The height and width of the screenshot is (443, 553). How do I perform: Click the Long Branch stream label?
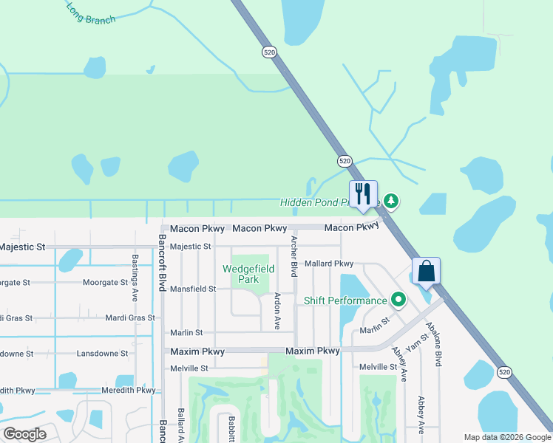pyautogui.click(x=90, y=13)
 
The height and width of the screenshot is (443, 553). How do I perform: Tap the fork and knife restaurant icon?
pyautogui.click(x=363, y=193)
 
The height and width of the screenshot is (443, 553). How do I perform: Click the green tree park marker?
pyautogui.click(x=391, y=201)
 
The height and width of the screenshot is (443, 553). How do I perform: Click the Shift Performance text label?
pyautogui.click(x=345, y=301)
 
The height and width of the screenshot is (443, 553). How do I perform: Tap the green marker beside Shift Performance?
pyautogui.click(x=399, y=300)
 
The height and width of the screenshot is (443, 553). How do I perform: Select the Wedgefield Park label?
pyautogui.click(x=241, y=274)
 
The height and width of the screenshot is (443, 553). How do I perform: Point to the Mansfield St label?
pyautogui.click(x=193, y=289)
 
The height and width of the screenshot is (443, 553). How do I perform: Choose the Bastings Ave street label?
pyautogui.click(x=135, y=278)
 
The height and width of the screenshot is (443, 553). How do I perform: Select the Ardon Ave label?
pyautogui.click(x=276, y=311)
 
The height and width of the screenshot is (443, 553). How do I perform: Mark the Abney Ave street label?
pyautogui.click(x=399, y=364)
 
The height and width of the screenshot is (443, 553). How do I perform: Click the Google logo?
pyautogui.click(x=24, y=433)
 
